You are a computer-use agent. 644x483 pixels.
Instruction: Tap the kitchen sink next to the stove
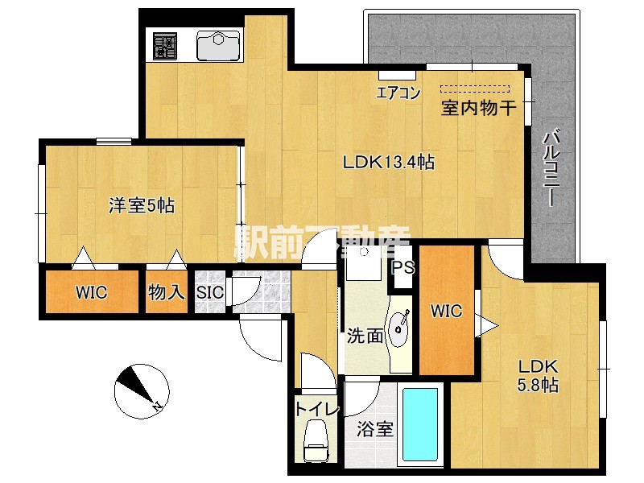[x=219, y=46]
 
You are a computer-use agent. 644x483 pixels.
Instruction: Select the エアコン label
[x=398, y=93]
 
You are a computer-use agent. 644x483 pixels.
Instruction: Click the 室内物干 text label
[x=477, y=108]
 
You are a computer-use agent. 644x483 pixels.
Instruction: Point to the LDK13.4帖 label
[x=389, y=162]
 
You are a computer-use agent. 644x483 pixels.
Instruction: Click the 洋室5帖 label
[x=142, y=205]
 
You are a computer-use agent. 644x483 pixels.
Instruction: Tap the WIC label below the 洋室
[x=92, y=291]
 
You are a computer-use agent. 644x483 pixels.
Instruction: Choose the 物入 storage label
[x=166, y=291]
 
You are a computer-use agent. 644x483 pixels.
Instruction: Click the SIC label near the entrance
[x=210, y=292]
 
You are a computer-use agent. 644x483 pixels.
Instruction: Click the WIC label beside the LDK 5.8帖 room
[x=446, y=311]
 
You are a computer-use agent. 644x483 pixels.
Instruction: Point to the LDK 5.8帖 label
[x=539, y=375]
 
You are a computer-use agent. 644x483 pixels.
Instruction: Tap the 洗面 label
[x=365, y=336]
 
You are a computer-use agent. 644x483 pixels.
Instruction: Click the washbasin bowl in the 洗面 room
[x=398, y=327]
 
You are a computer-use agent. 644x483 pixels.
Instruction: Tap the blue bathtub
[x=419, y=427]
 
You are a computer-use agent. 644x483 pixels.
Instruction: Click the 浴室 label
[x=375, y=428]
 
